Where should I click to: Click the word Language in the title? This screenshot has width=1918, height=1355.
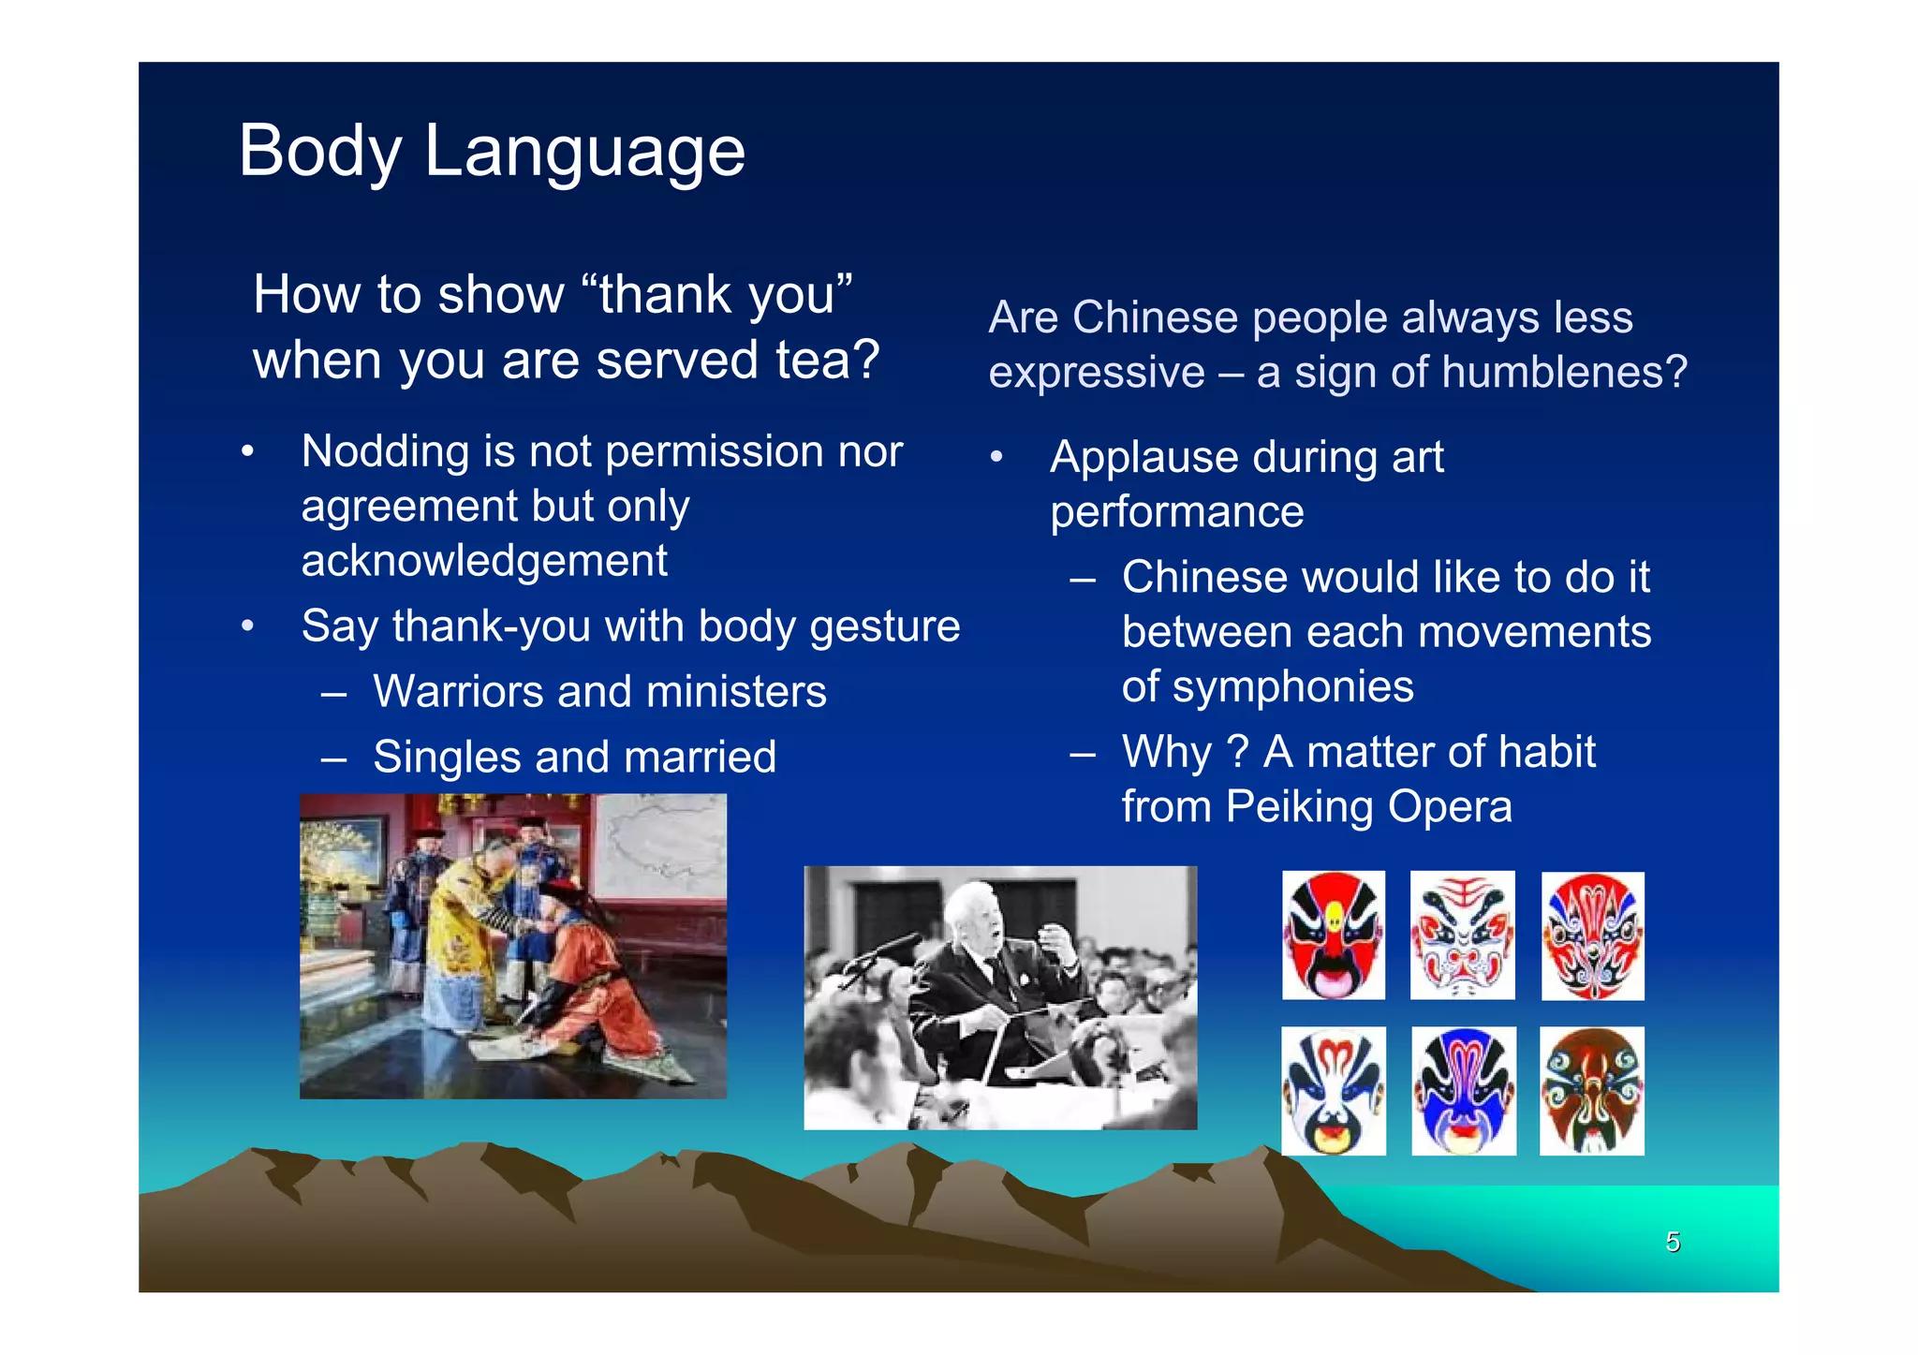click(x=584, y=153)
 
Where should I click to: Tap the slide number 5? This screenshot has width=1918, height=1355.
click(x=1673, y=1242)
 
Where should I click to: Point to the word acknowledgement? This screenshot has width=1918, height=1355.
click(x=484, y=561)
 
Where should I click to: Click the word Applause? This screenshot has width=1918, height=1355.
click(x=1143, y=459)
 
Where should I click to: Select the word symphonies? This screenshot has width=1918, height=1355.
click(x=1293, y=687)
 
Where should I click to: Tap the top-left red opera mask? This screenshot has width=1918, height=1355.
click(x=1333, y=935)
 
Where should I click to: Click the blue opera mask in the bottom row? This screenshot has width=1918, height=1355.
click(x=1463, y=1091)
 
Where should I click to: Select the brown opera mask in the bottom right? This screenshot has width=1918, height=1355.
click(x=1591, y=1091)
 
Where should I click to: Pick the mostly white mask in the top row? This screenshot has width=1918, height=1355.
click(x=1462, y=935)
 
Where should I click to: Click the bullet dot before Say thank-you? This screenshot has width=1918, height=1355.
click(x=247, y=626)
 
